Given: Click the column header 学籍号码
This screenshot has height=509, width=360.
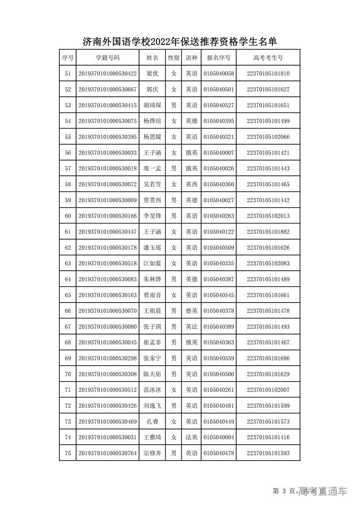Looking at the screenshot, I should pyautogui.click(x=108, y=58).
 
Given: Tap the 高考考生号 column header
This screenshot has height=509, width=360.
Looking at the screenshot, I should pyautogui.click(x=268, y=58).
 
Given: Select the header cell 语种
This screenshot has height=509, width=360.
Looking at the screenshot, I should pyautogui.click(x=192, y=58).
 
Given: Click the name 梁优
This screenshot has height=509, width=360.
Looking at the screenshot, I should pyautogui.click(x=153, y=74).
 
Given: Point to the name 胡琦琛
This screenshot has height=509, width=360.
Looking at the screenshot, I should pyautogui.click(x=153, y=106).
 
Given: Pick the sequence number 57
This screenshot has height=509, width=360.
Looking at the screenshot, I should pyautogui.click(x=68, y=169).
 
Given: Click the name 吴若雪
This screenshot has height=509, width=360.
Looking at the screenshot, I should pyautogui.click(x=153, y=184).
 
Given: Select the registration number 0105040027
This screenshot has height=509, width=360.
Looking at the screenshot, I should pyautogui.click(x=219, y=200).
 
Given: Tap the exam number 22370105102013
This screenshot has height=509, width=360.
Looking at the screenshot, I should pyautogui.click(x=268, y=216).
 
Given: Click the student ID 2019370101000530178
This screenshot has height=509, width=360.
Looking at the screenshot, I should pyautogui.click(x=108, y=248).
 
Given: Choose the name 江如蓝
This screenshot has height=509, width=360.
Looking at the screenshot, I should pyautogui.click(x=153, y=263).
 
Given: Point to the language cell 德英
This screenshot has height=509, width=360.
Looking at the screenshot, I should pyautogui.click(x=192, y=311).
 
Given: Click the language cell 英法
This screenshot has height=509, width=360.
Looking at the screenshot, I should pyautogui.click(x=192, y=327).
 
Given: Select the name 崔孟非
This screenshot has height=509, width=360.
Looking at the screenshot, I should pyautogui.click(x=153, y=343).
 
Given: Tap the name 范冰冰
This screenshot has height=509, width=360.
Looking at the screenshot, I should pyautogui.click(x=153, y=390).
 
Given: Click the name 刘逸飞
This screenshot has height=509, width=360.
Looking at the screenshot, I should pyautogui.click(x=153, y=406).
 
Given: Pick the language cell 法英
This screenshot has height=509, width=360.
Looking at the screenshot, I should pyautogui.click(x=192, y=438).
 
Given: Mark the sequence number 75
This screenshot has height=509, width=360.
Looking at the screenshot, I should pyautogui.click(x=68, y=453).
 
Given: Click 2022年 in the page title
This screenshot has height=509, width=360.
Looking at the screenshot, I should pyautogui.click(x=166, y=42).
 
